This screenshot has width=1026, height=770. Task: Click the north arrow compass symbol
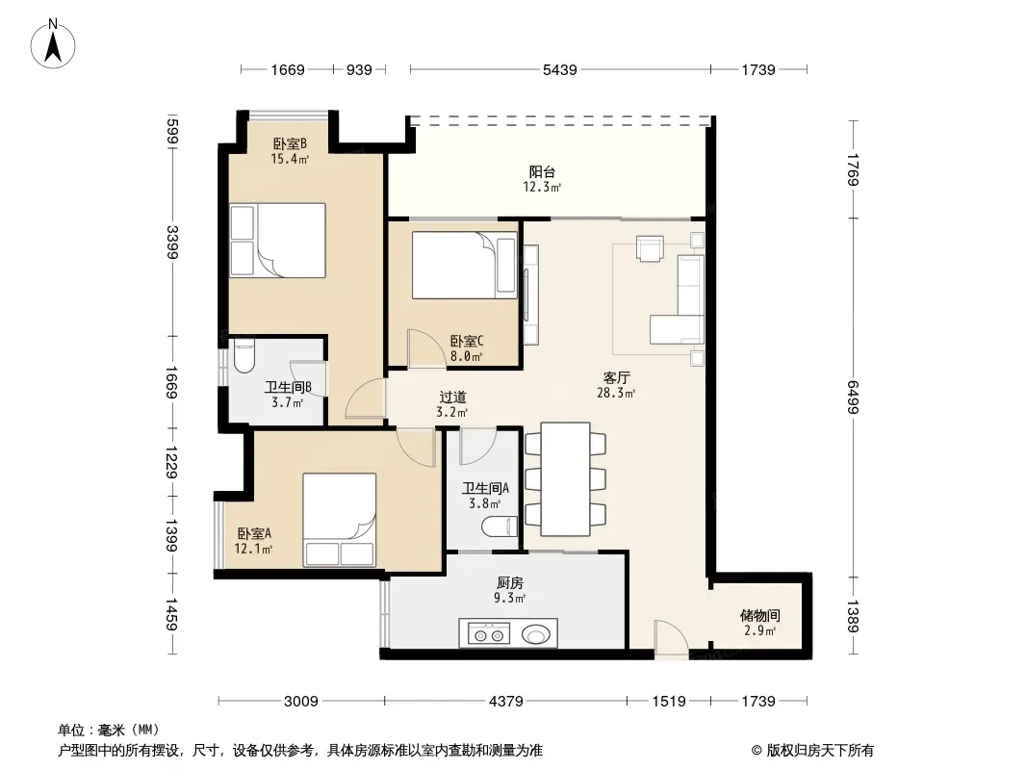pyautogui.click(x=53, y=44)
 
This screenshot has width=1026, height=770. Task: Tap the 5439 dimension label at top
pyautogui.click(x=560, y=69)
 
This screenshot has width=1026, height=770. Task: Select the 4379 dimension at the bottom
pyautogui.click(x=506, y=702)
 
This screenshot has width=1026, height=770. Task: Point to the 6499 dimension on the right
pyautogui.click(x=853, y=398)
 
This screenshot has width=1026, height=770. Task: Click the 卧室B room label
pyautogui.click(x=290, y=143)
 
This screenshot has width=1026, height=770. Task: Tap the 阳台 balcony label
pyautogui.click(x=542, y=172)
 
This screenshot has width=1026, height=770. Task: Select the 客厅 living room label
pyautogui.click(x=616, y=377)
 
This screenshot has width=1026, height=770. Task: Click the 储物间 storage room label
pyautogui.click(x=759, y=616)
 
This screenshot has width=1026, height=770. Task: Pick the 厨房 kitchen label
pyautogui.click(x=510, y=583)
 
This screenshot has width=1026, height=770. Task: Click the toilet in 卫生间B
pyautogui.click(x=244, y=356)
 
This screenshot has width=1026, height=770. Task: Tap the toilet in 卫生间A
pyautogui.click(x=500, y=526)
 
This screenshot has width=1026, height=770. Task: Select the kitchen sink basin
pyautogui.click(x=536, y=634)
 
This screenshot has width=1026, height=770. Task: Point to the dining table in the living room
pyautogui.click(x=566, y=479)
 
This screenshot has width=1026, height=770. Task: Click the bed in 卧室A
pyautogui.click(x=339, y=520)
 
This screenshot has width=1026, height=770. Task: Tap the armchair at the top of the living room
pyautogui.click(x=650, y=248)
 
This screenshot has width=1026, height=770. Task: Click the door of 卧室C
pyautogui.click(x=424, y=347)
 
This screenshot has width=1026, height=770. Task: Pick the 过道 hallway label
pyautogui.click(x=452, y=398)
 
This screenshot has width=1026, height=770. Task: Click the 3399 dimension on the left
pyautogui.click(x=172, y=242)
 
